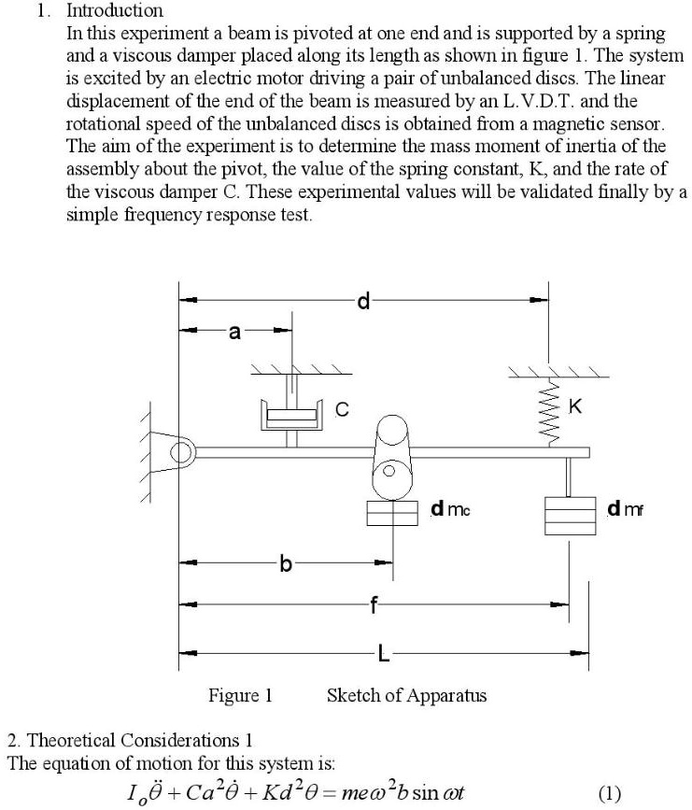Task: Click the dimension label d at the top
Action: (x=364, y=301)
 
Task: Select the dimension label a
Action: (x=234, y=331)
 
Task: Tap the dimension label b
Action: (x=286, y=563)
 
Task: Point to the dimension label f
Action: (x=374, y=604)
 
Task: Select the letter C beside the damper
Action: (x=343, y=409)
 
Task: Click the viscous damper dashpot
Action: (x=290, y=414)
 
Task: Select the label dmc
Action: (x=450, y=509)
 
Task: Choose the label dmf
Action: (x=626, y=509)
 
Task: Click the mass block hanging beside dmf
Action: (x=570, y=515)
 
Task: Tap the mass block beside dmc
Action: (x=391, y=515)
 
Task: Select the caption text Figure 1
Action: (x=240, y=696)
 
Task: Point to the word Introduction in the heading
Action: (x=115, y=11)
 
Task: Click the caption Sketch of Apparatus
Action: (x=406, y=696)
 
